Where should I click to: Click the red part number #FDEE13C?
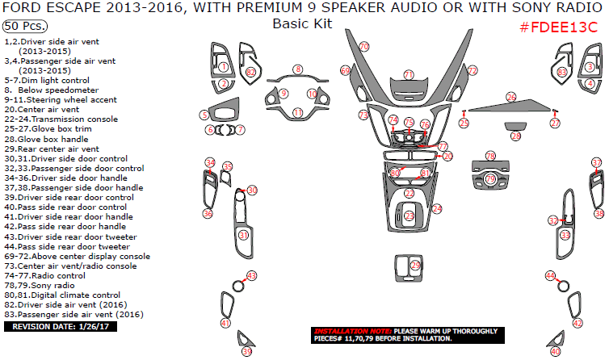click(558, 27)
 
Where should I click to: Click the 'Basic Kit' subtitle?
click(302, 23)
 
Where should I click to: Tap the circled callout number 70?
click(363, 47)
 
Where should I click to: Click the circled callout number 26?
click(510, 97)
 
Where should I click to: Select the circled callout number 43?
click(251, 276)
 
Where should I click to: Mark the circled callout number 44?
click(550, 276)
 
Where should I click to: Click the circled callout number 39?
click(247, 351)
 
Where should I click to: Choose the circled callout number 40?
click(555, 351)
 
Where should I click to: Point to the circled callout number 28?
click(516, 136)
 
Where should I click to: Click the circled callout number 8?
click(298, 70)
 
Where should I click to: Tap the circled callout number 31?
click(243, 235)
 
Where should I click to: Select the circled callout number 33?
click(565, 235)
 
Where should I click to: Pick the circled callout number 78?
click(490, 155)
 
